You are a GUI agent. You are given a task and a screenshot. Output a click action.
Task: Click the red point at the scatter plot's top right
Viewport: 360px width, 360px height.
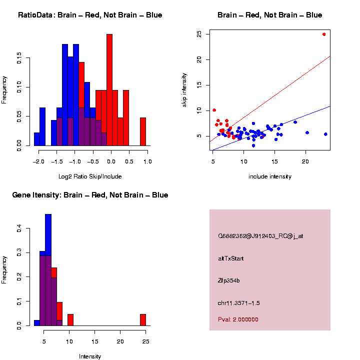click(x=324, y=34)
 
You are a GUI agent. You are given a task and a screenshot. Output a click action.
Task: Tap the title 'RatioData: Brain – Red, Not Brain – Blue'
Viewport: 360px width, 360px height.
click(x=90, y=15)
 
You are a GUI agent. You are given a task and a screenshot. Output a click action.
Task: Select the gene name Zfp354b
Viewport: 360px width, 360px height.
click(x=229, y=280)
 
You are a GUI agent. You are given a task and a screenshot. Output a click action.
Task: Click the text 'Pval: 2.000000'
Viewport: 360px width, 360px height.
click(x=238, y=319)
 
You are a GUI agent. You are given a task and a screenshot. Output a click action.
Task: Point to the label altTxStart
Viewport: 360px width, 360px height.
click(x=231, y=258)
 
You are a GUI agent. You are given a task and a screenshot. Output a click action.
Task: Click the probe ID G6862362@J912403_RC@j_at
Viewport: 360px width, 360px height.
click(x=260, y=236)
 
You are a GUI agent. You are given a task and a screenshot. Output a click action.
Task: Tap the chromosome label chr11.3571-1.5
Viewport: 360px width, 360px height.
click(x=238, y=303)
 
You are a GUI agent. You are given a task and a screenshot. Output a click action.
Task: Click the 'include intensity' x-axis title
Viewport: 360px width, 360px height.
click(x=269, y=176)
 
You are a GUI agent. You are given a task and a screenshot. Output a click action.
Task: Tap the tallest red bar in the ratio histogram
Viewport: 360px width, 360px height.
click(x=109, y=90)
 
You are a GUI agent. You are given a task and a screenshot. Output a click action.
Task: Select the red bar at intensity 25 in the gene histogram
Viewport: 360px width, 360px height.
click(x=143, y=320)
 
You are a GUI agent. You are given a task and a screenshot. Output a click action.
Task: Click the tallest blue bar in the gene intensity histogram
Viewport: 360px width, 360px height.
click(x=48, y=270)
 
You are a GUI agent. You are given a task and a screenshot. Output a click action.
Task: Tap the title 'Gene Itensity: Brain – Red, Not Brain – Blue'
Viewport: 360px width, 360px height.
click(x=90, y=195)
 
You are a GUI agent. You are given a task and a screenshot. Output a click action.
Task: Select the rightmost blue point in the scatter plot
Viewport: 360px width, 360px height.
click(x=325, y=134)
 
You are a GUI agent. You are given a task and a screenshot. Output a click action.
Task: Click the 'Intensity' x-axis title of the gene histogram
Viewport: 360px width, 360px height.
click(x=90, y=356)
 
